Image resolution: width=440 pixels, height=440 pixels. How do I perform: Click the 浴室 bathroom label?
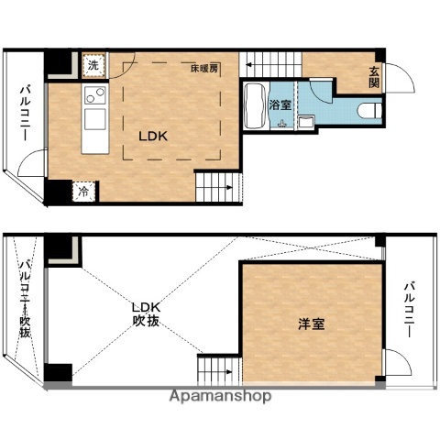point(281,105)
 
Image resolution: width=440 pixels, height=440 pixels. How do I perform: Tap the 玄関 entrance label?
point(375,78)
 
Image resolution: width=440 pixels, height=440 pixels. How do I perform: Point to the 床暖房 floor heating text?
point(203,69)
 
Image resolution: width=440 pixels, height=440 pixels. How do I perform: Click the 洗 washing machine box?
point(93,65)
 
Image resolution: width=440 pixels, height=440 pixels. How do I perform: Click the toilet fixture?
point(369,112)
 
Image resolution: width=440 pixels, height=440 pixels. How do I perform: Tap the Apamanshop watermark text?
point(220,397)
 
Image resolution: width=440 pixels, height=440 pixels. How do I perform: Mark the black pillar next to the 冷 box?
point(59,192)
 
